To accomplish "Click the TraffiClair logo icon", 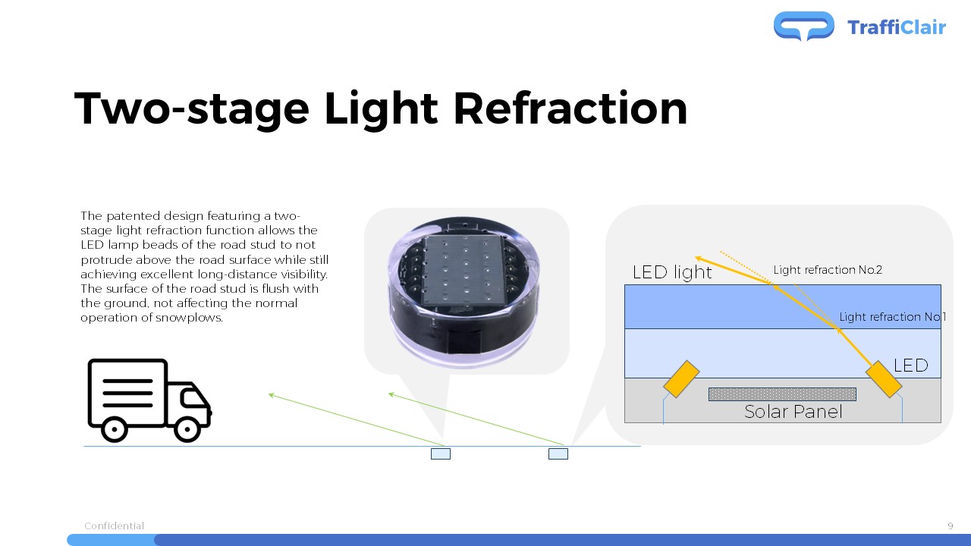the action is coord(803,26).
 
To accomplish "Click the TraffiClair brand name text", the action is coord(897,27).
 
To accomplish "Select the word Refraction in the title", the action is coord(570,108).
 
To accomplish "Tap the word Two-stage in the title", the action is coord(192,110).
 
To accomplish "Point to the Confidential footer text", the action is coord(114,526).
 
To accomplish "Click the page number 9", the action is coord(951,526).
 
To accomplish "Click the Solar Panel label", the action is coord(793,412).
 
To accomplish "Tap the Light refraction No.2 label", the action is coord(828,270).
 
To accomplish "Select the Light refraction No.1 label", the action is coord(893,317).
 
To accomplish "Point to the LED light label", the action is coord(672,272).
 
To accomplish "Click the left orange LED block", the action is coord(681,378).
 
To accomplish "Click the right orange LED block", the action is coord(884,378).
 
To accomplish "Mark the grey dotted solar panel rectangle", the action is coord(782,394).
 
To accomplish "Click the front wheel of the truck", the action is coord(187,429).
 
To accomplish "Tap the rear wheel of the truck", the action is coord(114,429).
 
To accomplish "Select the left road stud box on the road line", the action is coord(441,453).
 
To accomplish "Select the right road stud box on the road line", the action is coord(558,453).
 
